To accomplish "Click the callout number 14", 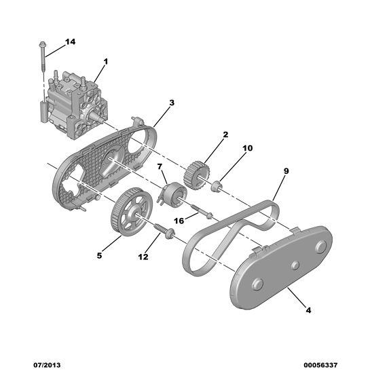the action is pyautogui.click(x=71, y=42).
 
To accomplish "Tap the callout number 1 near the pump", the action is pyautogui.click(x=106, y=62).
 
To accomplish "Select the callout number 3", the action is pyautogui.click(x=172, y=103).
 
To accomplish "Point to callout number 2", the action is pyautogui.click(x=225, y=134).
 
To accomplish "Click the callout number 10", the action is pyautogui.click(x=248, y=148).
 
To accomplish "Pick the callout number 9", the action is pyautogui.click(x=286, y=171).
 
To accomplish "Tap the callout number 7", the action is pyautogui.click(x=160, y=167).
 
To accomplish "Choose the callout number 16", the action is pyautogui.click(x=179, y=221).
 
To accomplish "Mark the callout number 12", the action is pyautogui.click(x=143, y=257).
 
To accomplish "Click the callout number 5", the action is pyautogui.click(x=99, y=255).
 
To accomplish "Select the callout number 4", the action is pyautogui.click(x=308, y=310).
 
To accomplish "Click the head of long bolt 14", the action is pyautogui.click(x=42, y=44).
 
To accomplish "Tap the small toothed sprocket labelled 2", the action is pyautogui.click(x=197, y=176).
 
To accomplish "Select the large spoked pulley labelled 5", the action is pyautogui.click(x=132, y=212).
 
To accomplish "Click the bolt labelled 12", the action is pyautogui.click(x=164, y=231).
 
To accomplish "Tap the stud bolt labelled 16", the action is pyautogui.click(x=202, y=211).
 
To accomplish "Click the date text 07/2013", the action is pyautogui.click(x=47, y=365).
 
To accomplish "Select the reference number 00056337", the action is pyautogui.click(x=320, y=365).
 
